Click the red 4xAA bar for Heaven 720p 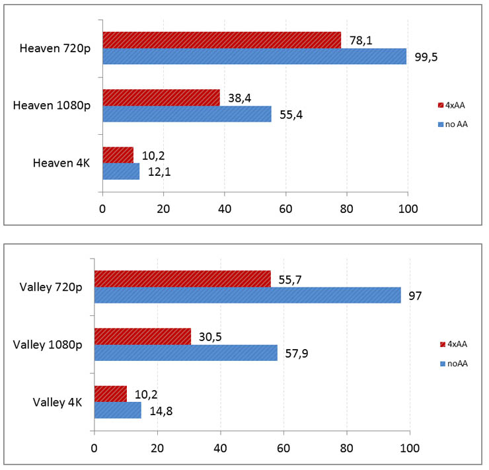[221, 40]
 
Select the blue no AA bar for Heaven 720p [254, 56]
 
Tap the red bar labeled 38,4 [161, 97]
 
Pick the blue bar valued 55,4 [186, 114]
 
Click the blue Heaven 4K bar [121, 171]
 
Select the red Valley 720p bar [182, 279]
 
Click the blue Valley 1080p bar [186, 352]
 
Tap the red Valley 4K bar [110, 393]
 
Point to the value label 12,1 [159, 173]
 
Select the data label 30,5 [209, 336]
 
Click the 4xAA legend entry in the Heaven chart [453, 104]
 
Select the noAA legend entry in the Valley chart [453, 363]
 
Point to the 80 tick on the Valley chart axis [346, 448]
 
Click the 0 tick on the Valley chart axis [94, 448]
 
